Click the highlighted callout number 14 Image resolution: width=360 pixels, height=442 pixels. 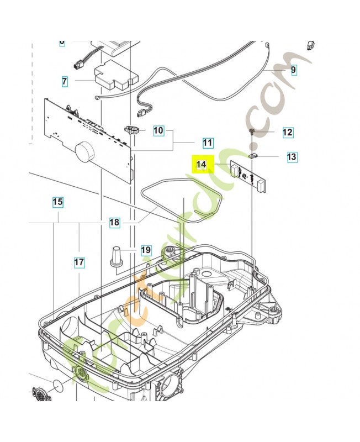pos(202,164)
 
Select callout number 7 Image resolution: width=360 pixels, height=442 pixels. pos(65,81)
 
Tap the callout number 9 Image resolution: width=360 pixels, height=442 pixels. pos(293,70)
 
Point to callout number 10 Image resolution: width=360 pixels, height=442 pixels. pos(158,131)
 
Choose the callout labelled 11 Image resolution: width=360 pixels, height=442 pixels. pos(207,143)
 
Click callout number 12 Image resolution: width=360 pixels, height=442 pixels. pos(287,133)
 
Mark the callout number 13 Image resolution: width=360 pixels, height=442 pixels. pos(292,157)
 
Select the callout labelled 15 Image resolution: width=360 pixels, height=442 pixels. pos(58,202)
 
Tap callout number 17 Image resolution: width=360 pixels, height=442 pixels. pos(80,262)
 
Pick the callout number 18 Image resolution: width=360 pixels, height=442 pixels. pos(114,223)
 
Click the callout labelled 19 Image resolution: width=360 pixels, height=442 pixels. pos(145,250)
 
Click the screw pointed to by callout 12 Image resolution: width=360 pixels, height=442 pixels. pos(252,131)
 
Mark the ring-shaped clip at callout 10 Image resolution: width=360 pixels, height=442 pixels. pos(133,130)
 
